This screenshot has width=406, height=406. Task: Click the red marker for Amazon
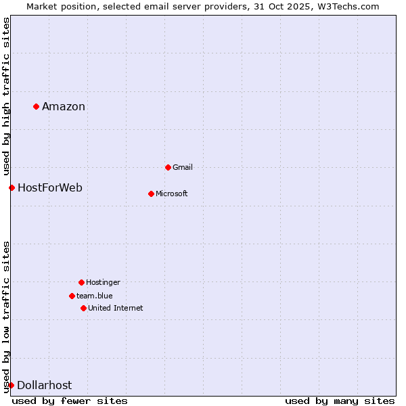36,106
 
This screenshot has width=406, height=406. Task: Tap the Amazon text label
64,106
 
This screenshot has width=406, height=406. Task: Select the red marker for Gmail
168,167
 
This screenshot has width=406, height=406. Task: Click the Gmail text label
183,167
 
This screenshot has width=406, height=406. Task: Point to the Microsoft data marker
151,194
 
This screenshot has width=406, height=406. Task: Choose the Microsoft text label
172,194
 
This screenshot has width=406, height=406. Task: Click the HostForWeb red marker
12,187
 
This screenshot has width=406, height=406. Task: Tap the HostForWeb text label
50,187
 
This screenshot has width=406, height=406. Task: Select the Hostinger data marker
81,282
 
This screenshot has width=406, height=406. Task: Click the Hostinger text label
103,282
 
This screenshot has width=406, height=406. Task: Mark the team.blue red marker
72,296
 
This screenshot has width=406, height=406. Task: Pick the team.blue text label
95,296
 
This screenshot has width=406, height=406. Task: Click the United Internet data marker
83,308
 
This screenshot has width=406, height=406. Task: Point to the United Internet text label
116,308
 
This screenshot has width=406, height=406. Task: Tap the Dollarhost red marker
11,385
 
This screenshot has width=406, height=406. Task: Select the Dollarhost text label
45,385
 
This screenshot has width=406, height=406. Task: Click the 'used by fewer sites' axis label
70,401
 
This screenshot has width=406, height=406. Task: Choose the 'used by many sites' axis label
340,401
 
